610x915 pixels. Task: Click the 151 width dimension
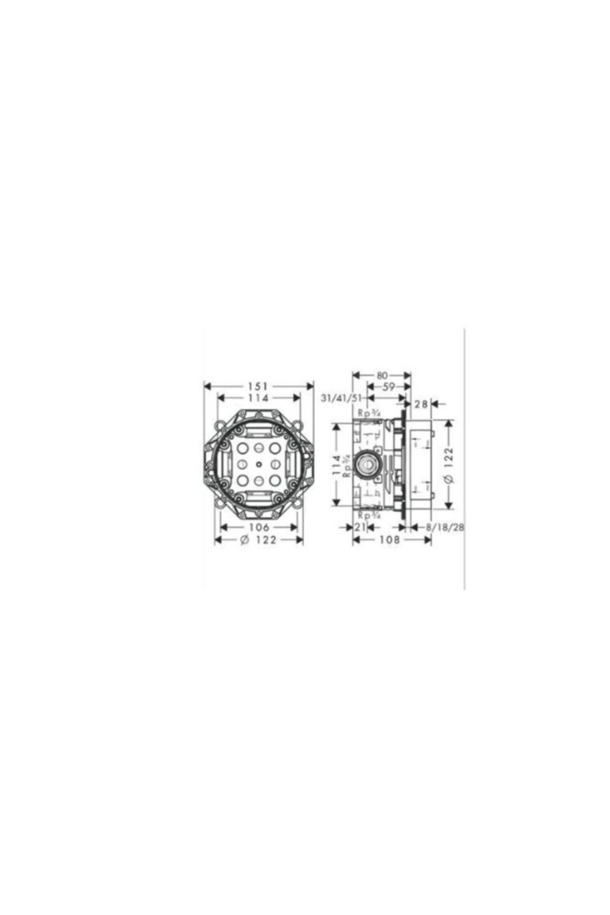pos(259,387)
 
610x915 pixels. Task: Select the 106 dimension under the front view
pos(259,527)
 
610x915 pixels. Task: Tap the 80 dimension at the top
pos(382,376)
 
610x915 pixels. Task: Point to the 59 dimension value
pos(388,387)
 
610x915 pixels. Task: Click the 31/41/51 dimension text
pos(341,399)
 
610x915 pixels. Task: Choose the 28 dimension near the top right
pos(421,404)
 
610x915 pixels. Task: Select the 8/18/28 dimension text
pos(445,527)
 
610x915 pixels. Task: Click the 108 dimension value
pos(390,540)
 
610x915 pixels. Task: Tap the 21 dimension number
pos(360,527)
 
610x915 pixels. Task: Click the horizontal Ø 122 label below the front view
pos(259,540)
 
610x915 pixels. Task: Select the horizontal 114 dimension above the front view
pos(259,398)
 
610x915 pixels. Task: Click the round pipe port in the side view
pos(365,463)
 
